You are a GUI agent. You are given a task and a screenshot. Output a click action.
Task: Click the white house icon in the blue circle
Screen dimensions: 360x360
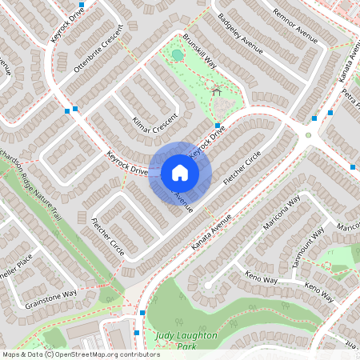tap(180, 172)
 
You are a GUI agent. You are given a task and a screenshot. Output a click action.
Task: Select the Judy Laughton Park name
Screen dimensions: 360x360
tap(186, 341)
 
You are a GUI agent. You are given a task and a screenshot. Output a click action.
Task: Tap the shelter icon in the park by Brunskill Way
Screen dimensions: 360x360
tap(216, 92)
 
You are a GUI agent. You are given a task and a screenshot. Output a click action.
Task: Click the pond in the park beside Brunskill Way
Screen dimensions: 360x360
tap(177, 54)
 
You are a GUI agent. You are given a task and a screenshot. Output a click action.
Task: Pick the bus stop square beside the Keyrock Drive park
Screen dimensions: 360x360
tap(218, 125)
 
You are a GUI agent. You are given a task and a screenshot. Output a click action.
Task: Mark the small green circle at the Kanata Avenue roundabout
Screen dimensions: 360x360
tap(308, 135)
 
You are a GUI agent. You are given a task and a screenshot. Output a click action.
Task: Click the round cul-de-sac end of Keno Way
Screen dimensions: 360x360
tap(207, 284)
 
